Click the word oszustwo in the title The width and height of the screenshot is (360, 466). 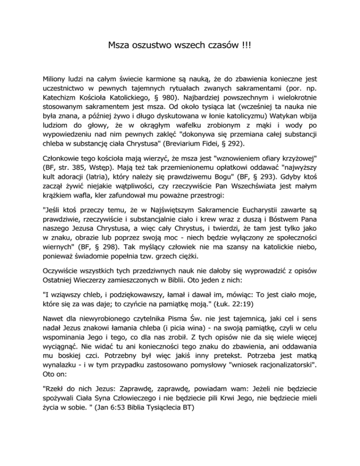click(145, 46)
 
